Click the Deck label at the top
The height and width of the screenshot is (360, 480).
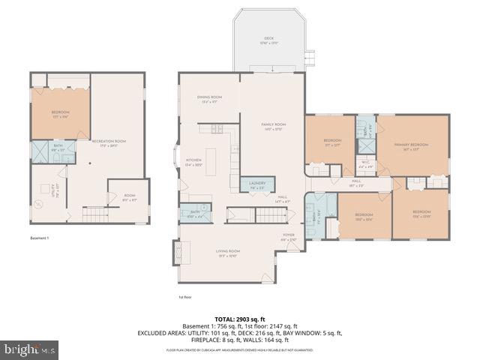pyautogui.click(x=268, y=40)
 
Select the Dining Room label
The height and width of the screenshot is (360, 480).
pyautogui.click(x=209, y=99)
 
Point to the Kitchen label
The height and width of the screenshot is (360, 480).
pyautogui.click(x=194, y=161)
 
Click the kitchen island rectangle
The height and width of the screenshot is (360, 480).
pyautogui.click(x=211, y=161)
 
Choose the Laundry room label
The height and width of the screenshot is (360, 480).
pyautogui.click(x=256, y=185)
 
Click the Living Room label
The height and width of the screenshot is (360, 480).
pyautogui.click(x=229, y=253)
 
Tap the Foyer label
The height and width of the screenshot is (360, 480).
pyautogui.click(x=289, y=237)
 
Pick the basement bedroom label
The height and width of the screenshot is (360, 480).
pyautogui.click(x=60, y=114)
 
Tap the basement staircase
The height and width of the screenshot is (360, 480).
pyautogui.click(x=96, y=216)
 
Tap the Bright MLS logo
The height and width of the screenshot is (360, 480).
pyautogui.click(x=31, y=349)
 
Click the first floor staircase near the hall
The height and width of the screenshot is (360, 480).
pyautogui.click(x=272, y=216)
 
